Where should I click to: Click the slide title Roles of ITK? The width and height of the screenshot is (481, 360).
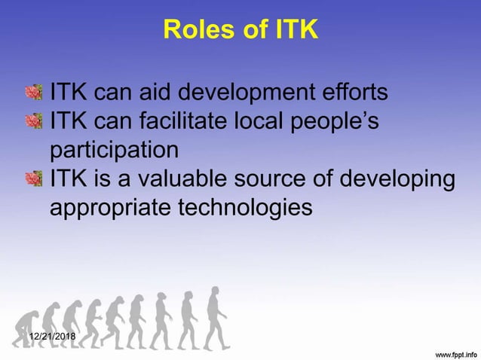click(240, 30)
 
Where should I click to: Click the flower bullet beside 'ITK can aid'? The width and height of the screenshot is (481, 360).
click(34, 93)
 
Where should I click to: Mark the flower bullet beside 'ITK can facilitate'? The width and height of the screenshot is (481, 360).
click(34, 121)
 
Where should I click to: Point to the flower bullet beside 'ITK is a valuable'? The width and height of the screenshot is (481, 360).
click(34, 178)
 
